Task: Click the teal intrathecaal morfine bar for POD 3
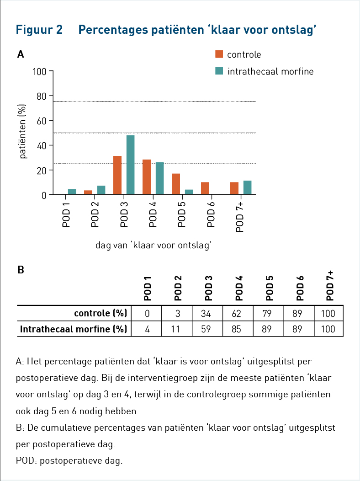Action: (130, 165)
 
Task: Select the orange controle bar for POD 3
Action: (117, 175)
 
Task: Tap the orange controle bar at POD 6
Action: (205, 188)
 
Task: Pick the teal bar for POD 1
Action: (72, 192)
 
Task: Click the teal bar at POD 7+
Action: (247, 187)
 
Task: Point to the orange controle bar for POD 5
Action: (176, 184)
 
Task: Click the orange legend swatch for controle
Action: (219, 54)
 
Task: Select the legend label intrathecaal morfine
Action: (270, 71)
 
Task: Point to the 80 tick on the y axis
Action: (41, 96)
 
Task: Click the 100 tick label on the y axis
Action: (40, 72)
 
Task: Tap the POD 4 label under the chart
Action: (153, 214)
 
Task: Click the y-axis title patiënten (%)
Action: (22, 131)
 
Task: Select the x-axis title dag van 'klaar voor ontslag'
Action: (154, 246)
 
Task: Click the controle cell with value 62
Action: (236, 314)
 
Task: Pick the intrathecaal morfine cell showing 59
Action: (206, 329)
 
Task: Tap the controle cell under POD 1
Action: (148, 314)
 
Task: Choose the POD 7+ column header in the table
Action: (330, 286)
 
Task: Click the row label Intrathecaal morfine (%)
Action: (74, 329)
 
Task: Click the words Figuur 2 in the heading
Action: (39, 30)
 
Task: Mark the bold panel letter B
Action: (21, 270)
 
